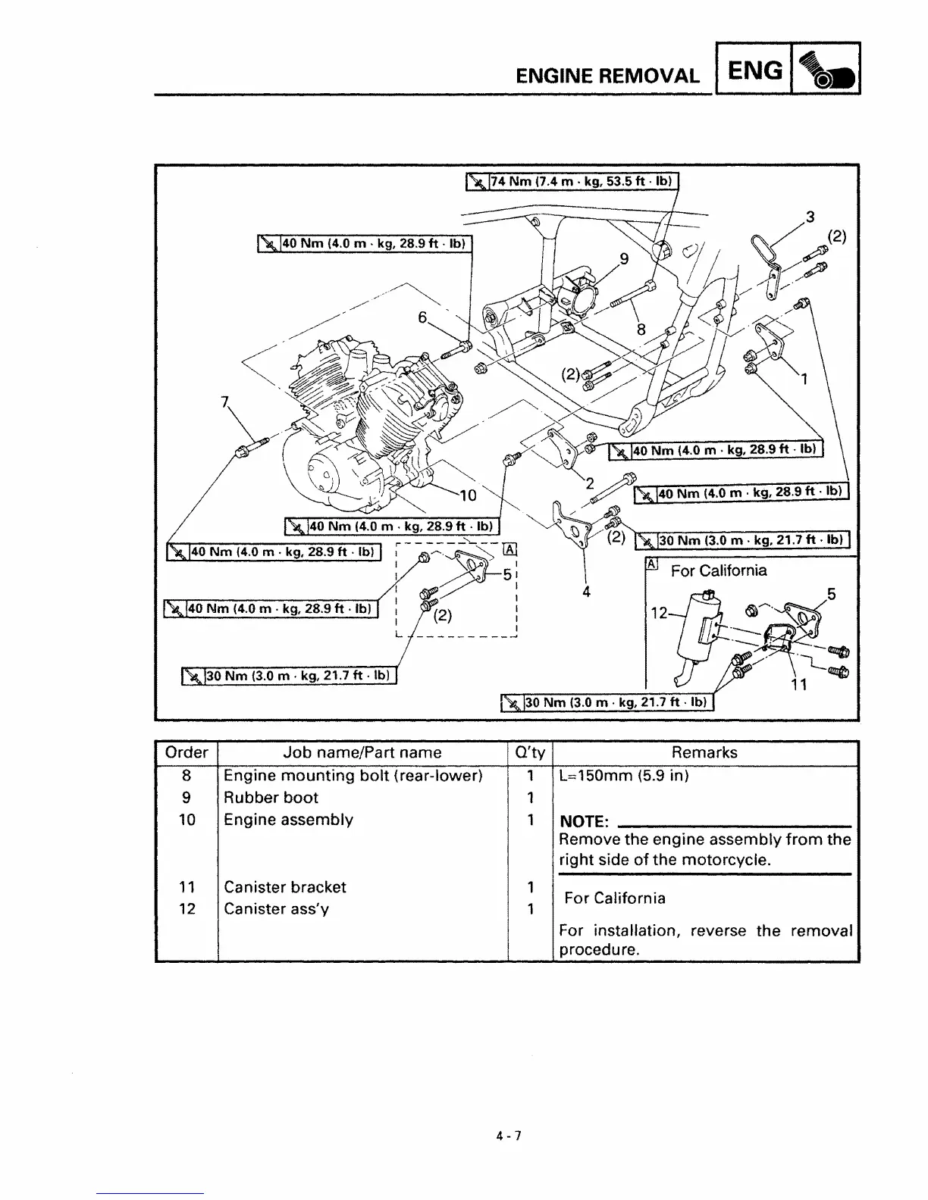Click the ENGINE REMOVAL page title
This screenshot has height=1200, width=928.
pos(607,75)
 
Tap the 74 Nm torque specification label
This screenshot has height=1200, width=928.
pos(572,182)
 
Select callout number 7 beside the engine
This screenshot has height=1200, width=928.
pos(224,402)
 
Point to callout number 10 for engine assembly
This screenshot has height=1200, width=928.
pos(468,495)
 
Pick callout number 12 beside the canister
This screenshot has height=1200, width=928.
pos(659,613)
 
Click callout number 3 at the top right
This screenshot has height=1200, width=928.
pos(810,217)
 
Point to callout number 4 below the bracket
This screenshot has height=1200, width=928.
pos(586,591)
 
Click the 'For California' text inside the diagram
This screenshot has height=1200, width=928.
pos(718,570)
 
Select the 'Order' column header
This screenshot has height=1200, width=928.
pos(187,752)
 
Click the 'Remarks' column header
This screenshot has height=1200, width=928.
pos(704,752)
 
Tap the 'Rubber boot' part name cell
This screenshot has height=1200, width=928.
pos(271,798)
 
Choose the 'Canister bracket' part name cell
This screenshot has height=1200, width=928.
pos(284,887)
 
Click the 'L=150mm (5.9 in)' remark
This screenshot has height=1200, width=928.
pos(623,776)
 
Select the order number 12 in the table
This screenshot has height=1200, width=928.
pos(187,909)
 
